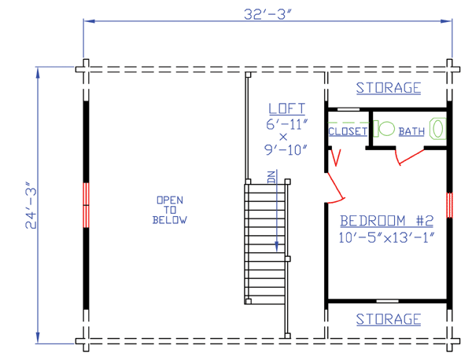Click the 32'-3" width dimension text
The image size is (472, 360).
tap(267, 14)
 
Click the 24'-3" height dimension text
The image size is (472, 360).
tap(31, 205)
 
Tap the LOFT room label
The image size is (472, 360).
tap(287, 108)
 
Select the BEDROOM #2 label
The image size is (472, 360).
tap(387, 221)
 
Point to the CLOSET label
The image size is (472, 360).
tap(348, 131)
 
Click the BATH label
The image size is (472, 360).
tap(411, 131)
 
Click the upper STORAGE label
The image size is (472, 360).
tap(389, 88)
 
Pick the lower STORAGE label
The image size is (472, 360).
tap(389, 319)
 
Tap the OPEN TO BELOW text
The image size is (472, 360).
tap(170, 210)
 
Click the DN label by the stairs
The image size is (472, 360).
tap(271, 177)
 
